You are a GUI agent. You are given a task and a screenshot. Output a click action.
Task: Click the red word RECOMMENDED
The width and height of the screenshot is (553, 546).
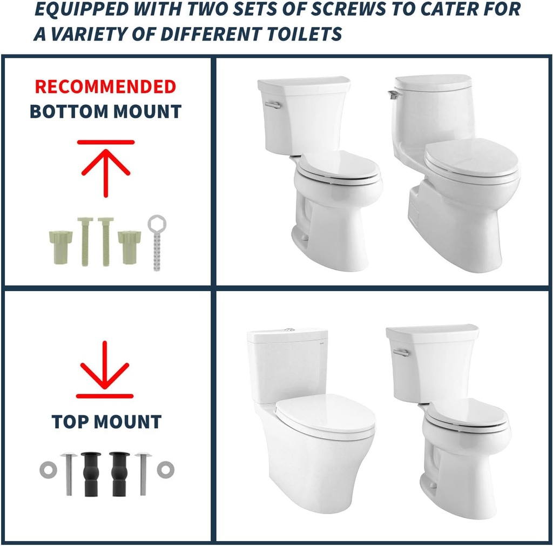coord(105,86)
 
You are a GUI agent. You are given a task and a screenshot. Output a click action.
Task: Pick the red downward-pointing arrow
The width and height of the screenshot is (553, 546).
coord(105,370)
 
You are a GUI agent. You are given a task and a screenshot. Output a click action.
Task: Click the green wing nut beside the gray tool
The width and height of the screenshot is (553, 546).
coord(130,246)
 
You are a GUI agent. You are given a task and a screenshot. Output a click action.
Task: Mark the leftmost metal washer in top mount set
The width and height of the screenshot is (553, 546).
coord(47,469)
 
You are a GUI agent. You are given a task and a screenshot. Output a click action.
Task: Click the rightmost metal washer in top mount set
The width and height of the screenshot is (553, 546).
coord(165,469)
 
